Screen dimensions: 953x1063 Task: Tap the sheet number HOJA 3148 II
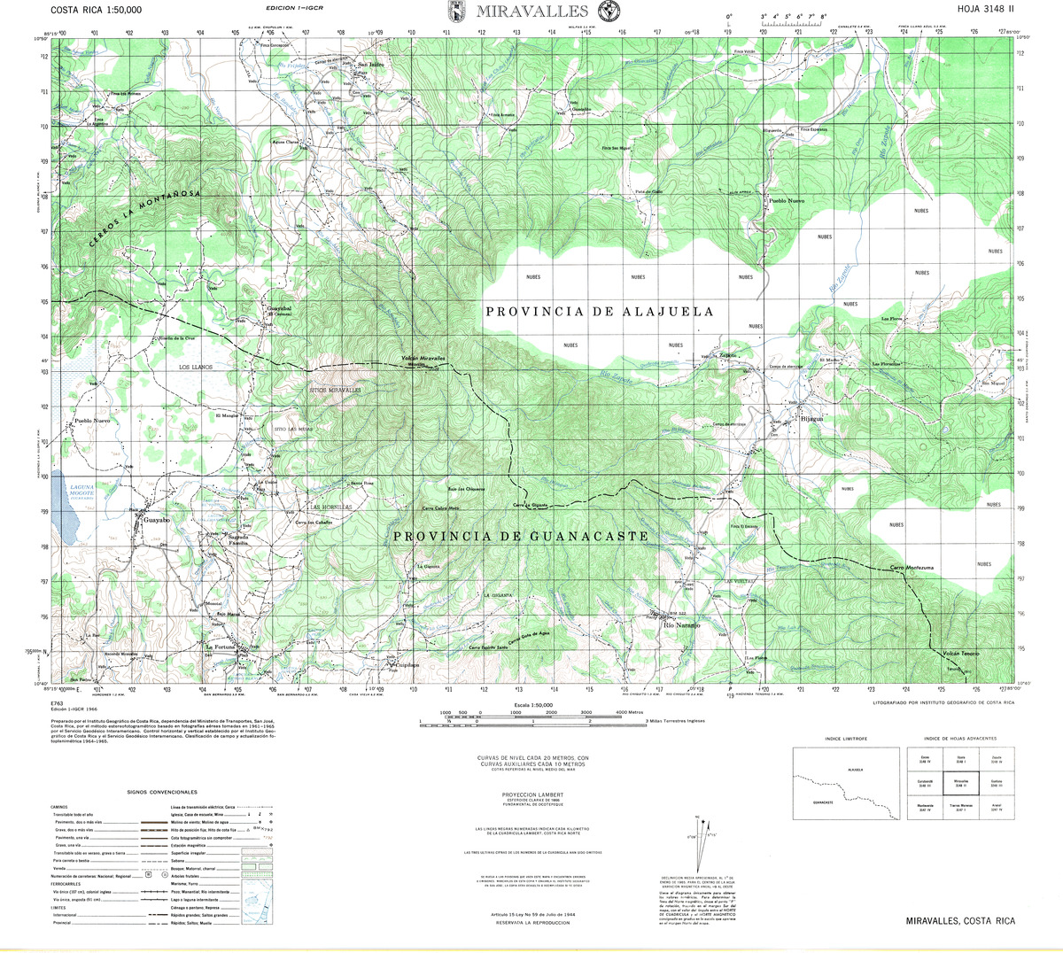point(986,11)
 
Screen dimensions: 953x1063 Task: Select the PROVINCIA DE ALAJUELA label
point(600,312)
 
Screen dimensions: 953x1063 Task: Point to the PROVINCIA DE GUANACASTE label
point(520,537)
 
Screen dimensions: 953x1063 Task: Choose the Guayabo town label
point(155,523)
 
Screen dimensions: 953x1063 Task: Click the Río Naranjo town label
point(682,625)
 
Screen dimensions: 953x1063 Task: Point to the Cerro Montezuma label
point(909,567)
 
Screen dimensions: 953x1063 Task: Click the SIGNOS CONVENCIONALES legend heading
point(161,792)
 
